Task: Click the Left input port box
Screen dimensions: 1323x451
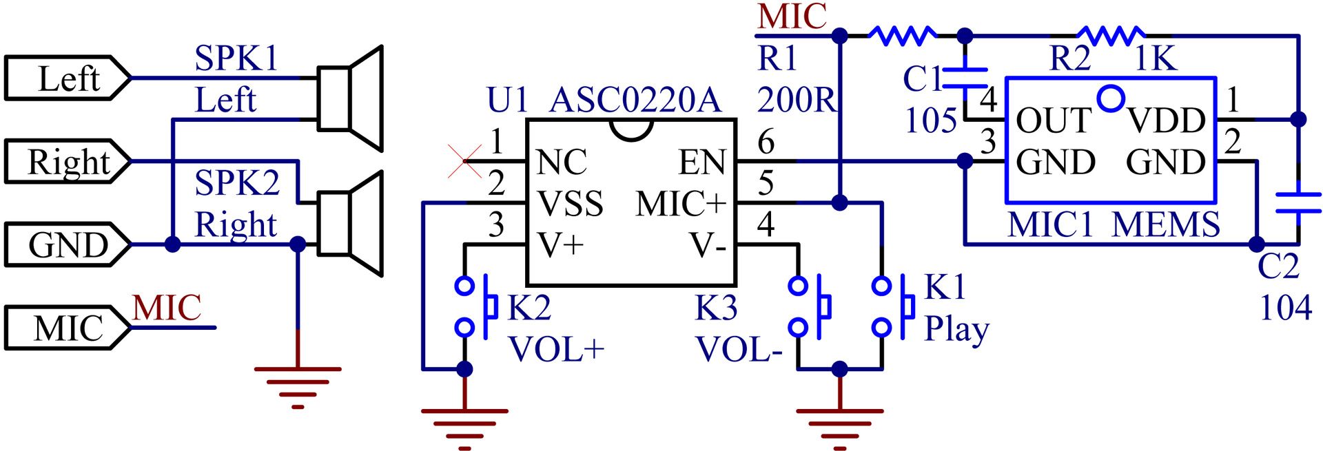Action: click(68, 78)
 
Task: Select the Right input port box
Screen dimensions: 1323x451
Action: click(68, 162)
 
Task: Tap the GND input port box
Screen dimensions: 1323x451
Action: click(68, 244)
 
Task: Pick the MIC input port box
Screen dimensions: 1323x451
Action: click(68, 328)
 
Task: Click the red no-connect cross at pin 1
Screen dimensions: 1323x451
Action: click(465, 161)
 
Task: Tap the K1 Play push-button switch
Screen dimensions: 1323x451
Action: click(892, 306)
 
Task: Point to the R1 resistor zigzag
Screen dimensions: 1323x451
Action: click(903, 35)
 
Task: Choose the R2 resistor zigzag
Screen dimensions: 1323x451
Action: click(1111, 35)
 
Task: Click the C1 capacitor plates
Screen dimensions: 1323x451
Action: click(965, 78)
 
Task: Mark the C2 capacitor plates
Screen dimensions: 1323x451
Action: click(1298, 203)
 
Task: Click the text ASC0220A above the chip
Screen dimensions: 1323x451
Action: click(635, 100)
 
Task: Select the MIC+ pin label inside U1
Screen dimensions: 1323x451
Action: click(681, 204)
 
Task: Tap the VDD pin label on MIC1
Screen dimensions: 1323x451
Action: click(1167, 120)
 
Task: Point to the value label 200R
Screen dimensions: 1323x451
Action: click(797, 100)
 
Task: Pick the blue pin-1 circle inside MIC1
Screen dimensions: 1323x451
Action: click(1111, 98)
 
